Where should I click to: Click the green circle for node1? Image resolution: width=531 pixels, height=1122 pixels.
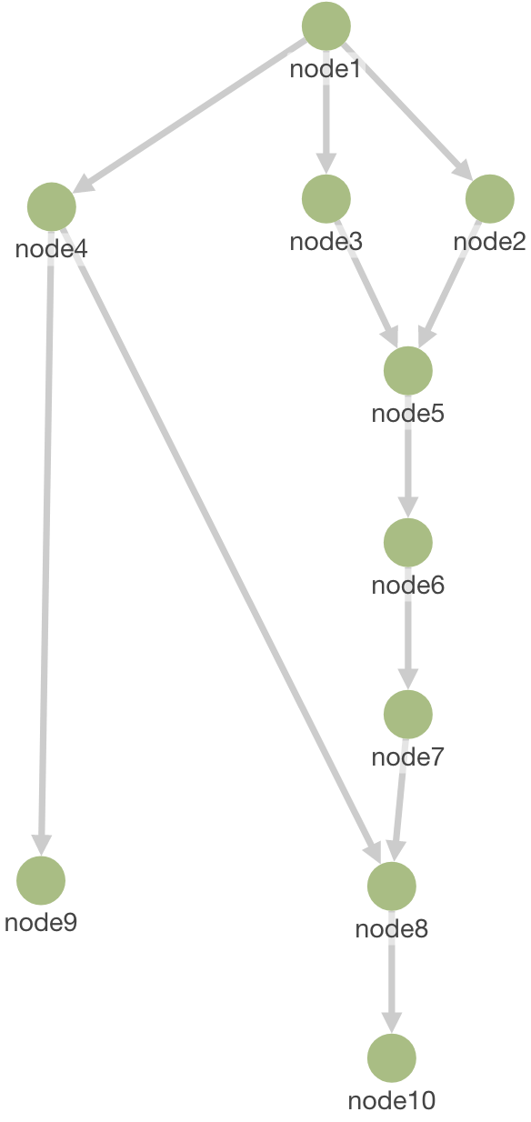[326, 26]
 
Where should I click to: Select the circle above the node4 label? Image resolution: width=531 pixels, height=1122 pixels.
[52, 207]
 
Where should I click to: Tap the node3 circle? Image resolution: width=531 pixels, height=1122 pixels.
[326, 199]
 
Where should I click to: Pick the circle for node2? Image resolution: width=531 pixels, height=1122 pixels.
[490, 199]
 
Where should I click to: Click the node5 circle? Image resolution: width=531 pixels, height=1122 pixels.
[408, 371]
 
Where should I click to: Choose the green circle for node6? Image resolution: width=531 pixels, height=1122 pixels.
[408, 543]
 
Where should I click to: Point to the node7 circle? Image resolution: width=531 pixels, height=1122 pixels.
[408, 715]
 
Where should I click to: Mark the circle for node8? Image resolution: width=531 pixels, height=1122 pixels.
[392, 887]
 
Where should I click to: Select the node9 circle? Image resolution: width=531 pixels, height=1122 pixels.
[41, 880]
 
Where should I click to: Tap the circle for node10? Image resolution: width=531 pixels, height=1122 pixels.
[392, 1057]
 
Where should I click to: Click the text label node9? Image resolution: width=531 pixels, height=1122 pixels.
[41, 923]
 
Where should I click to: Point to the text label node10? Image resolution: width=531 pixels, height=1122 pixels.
[392, 1100]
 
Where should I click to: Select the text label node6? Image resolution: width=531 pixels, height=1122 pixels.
[408, 585]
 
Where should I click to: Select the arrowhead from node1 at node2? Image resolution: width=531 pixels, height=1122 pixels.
[464, 170]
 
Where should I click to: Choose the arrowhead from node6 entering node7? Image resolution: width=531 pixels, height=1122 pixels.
[408, 679]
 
